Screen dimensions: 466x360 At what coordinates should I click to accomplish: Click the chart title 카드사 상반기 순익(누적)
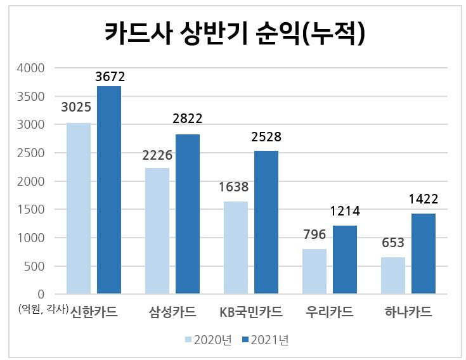point(235,33)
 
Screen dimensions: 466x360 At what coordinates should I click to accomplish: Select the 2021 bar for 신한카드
point(109,190)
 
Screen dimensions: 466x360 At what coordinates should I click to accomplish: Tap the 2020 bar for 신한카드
point(79,209)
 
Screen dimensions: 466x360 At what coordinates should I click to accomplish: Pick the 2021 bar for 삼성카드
point(188,214)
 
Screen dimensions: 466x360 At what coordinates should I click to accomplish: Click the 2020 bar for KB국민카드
point(236,248)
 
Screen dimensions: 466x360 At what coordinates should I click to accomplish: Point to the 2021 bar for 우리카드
point(345,260)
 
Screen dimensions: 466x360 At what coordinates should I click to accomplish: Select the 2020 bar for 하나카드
point(393,276)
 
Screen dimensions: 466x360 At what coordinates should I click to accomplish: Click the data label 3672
point(110,77)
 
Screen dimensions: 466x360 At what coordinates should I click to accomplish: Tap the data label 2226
point(157,155)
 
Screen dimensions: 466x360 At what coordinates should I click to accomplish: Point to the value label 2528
point(266,137)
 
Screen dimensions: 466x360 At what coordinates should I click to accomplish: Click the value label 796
point(314,235)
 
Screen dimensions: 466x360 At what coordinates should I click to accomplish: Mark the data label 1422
point(424,199)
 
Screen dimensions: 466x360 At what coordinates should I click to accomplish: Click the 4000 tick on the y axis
point(30,68)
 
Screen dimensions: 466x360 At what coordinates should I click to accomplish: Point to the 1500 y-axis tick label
point(30,209)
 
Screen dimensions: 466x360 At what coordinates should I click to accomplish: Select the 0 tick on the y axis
point(41,294)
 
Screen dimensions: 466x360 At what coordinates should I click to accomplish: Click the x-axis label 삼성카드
point(172,312)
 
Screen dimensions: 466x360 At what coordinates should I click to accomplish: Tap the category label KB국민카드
point(251,312)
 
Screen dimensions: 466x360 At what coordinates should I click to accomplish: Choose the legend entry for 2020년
point(209,340)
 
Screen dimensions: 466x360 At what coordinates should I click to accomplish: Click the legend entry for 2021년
point(266,340)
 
